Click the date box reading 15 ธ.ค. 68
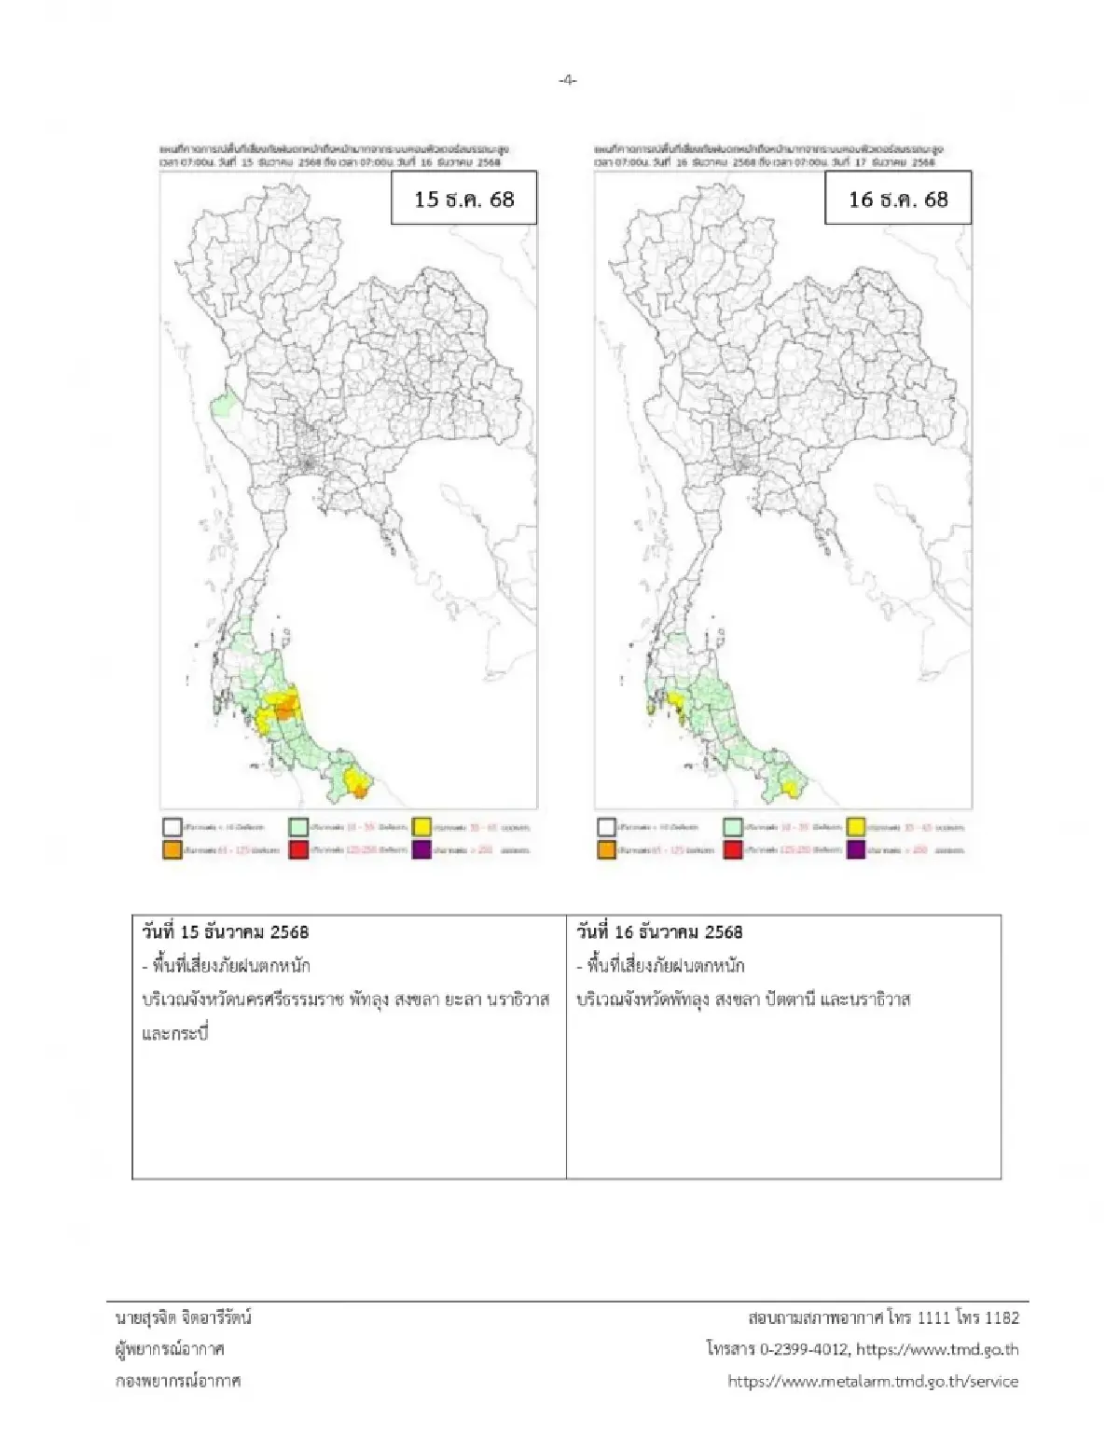(x=463, y=199)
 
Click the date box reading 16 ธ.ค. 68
(x=897, y=199)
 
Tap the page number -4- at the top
(x=567, y=80)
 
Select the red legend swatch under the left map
(x=298, y=849)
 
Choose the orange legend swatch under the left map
(x=172, y=849)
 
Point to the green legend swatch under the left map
(x=298, y=826)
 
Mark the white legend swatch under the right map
(x=606, y=826)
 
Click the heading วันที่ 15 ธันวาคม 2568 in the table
(x=226, y=931)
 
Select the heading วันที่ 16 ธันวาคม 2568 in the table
(x=660, y=931)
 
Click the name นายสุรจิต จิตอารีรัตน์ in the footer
(x=183, y=1317)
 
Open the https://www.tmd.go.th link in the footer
(x=937, y=1349)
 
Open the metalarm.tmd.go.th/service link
(x=873, y=1381)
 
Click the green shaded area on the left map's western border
(x=222, y=406)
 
